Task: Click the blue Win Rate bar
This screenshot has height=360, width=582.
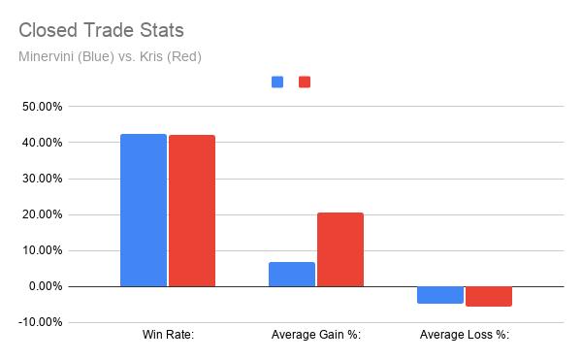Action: (144, 210)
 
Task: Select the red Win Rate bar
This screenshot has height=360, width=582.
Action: (192, 211)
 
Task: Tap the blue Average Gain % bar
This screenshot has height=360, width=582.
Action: (292, 275)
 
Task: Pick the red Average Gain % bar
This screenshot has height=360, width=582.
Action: (340, 249)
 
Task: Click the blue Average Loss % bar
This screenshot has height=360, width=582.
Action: (440, 295)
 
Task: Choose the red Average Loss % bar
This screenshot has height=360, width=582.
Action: (489, 296)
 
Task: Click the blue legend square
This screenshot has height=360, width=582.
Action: (277, 82)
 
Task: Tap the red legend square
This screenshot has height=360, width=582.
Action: (305, 82)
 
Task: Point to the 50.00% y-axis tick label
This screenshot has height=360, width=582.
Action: (42, 107)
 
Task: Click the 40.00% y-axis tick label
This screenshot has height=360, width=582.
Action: (42, 143)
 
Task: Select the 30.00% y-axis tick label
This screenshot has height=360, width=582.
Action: (42, 179)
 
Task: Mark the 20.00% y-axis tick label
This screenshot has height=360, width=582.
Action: (42, 214)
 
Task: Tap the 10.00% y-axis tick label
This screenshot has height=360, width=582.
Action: (42, 250)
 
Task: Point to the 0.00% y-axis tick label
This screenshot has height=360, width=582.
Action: (46, 286)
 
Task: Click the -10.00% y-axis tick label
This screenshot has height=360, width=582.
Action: (40, 322)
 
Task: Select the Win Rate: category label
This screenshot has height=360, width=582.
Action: (168, 335)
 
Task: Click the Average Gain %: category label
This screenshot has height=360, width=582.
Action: (316, 335)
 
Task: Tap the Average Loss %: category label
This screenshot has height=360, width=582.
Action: (465, 335)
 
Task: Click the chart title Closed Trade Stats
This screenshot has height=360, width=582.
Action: (101, 30)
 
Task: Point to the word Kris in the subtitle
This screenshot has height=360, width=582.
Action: (151, 57)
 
